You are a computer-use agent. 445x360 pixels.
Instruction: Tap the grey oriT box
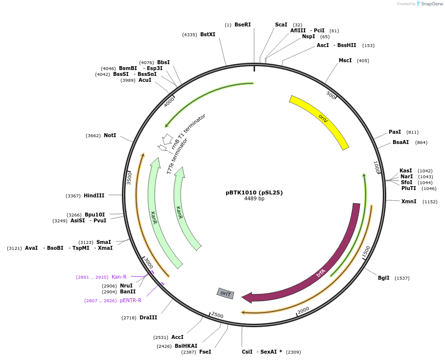pyautogui.click(x=226, y=293)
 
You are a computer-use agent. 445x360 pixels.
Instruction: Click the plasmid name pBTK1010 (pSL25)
pyautogui.click(x=254, y=192)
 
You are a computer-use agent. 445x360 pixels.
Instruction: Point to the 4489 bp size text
pyautogui.click(x=254, y=199)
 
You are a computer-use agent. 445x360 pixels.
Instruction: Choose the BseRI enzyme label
pyautogui.click(x=242, y=24)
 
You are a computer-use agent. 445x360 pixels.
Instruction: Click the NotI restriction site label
pyautogui.click(x=110, y=135)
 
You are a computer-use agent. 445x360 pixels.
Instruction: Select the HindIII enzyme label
pyautogui.click(x=94, y=195)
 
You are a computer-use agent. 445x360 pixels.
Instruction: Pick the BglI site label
pyautogui.click(x=383, y=278)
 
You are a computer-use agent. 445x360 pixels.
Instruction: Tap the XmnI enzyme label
pyautogui.click(x=409, y=201)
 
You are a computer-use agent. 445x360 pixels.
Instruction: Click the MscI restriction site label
pyautogui.click(x=345, y=61)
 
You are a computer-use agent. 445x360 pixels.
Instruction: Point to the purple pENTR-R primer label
pyautogui.click(x=131, y=300)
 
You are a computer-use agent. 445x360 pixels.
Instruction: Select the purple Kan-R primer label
pyautogui.click(x=119, y=277)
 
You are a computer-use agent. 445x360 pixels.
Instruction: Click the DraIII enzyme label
pyautogui.click(x=148, y=317)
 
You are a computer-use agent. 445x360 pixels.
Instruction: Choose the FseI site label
pyautogui.click(x=205, y=352)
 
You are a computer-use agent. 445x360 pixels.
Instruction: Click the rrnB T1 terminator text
pyautogui.click(x=188, y=131)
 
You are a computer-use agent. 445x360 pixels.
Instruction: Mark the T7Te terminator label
pyautogui.click(x=177, y=156)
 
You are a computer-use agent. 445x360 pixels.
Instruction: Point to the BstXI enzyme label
pyautogui.click(x=208, y=34)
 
